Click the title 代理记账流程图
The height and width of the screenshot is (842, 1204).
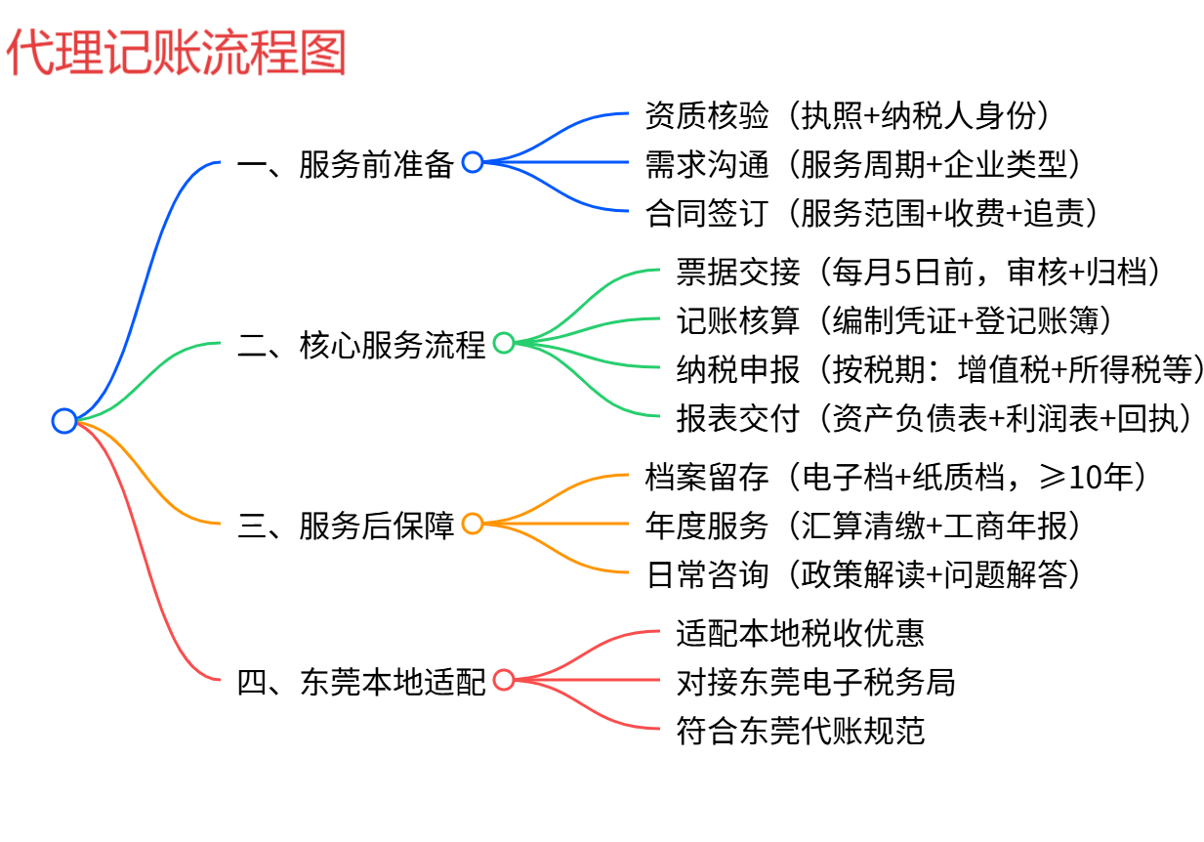tap(177, 53)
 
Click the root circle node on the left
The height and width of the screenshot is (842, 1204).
tap(64, 421)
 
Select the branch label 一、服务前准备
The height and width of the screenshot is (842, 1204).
tap(346, 164)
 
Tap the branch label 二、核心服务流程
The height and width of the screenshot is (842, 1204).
tap(361, 344)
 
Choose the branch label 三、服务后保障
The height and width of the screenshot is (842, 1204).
tap(346, 526)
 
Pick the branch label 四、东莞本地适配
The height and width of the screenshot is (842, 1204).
tap(361, 681)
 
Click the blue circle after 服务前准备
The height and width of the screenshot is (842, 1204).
tap(473, 162)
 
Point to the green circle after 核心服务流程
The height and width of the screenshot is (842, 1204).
tap(504, 343)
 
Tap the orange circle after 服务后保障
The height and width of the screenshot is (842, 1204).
tap(473, 524)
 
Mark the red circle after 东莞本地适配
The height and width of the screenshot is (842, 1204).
tap(504, 680)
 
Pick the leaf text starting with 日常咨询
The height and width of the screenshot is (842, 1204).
tap(867, 573)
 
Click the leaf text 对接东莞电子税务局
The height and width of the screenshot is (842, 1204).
tap(815, 681)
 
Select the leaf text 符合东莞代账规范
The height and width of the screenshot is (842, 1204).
tap(800, 730)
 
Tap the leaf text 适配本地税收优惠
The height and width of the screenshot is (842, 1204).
tap(800, 633)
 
